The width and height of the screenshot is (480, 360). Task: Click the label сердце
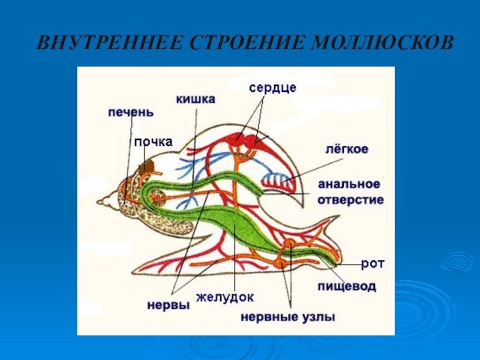coord(273,87)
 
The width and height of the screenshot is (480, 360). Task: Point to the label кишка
coord(196,99)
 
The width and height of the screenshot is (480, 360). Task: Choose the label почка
coord(154,142)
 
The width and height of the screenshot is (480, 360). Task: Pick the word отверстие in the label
coord(350,199)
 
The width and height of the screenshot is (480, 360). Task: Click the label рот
coord(373,263)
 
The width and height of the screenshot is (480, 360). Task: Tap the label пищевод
coord(347,287)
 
